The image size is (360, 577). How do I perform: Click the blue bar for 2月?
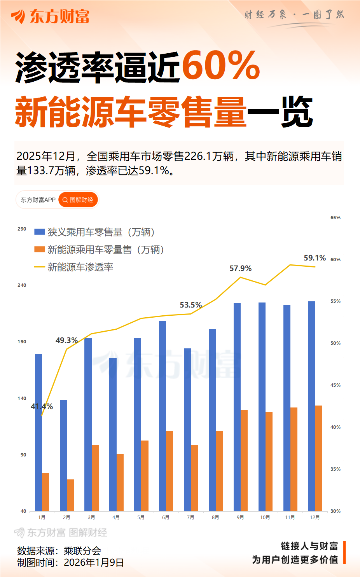pos(63,455)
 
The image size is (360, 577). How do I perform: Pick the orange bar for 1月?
pos(45,492)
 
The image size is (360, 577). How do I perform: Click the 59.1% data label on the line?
pos(315,258)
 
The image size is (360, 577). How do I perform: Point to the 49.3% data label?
pos(66,341)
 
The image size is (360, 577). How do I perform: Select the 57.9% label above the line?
pos(240,269)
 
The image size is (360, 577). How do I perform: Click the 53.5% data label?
pos(190,305)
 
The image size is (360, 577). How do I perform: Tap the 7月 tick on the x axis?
pos(190,518)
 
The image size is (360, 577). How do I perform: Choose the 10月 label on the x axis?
pos(265,518)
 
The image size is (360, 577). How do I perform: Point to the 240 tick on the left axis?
pos(22,285)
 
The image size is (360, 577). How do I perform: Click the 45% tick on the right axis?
pos(335,385)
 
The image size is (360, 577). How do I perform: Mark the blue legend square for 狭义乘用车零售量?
pos(39,232)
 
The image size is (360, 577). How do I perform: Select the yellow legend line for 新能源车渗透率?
pos(39,267)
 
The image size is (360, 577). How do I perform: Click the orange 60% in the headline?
pos(220,66)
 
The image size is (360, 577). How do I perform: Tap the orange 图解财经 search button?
pos(78,200)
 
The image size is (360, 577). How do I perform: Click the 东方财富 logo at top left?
pos(51,16)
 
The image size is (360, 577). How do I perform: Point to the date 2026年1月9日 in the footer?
pos(94,563)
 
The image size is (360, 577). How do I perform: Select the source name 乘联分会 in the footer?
pos(82,551)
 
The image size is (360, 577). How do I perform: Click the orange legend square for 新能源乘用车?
pos(39,250)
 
